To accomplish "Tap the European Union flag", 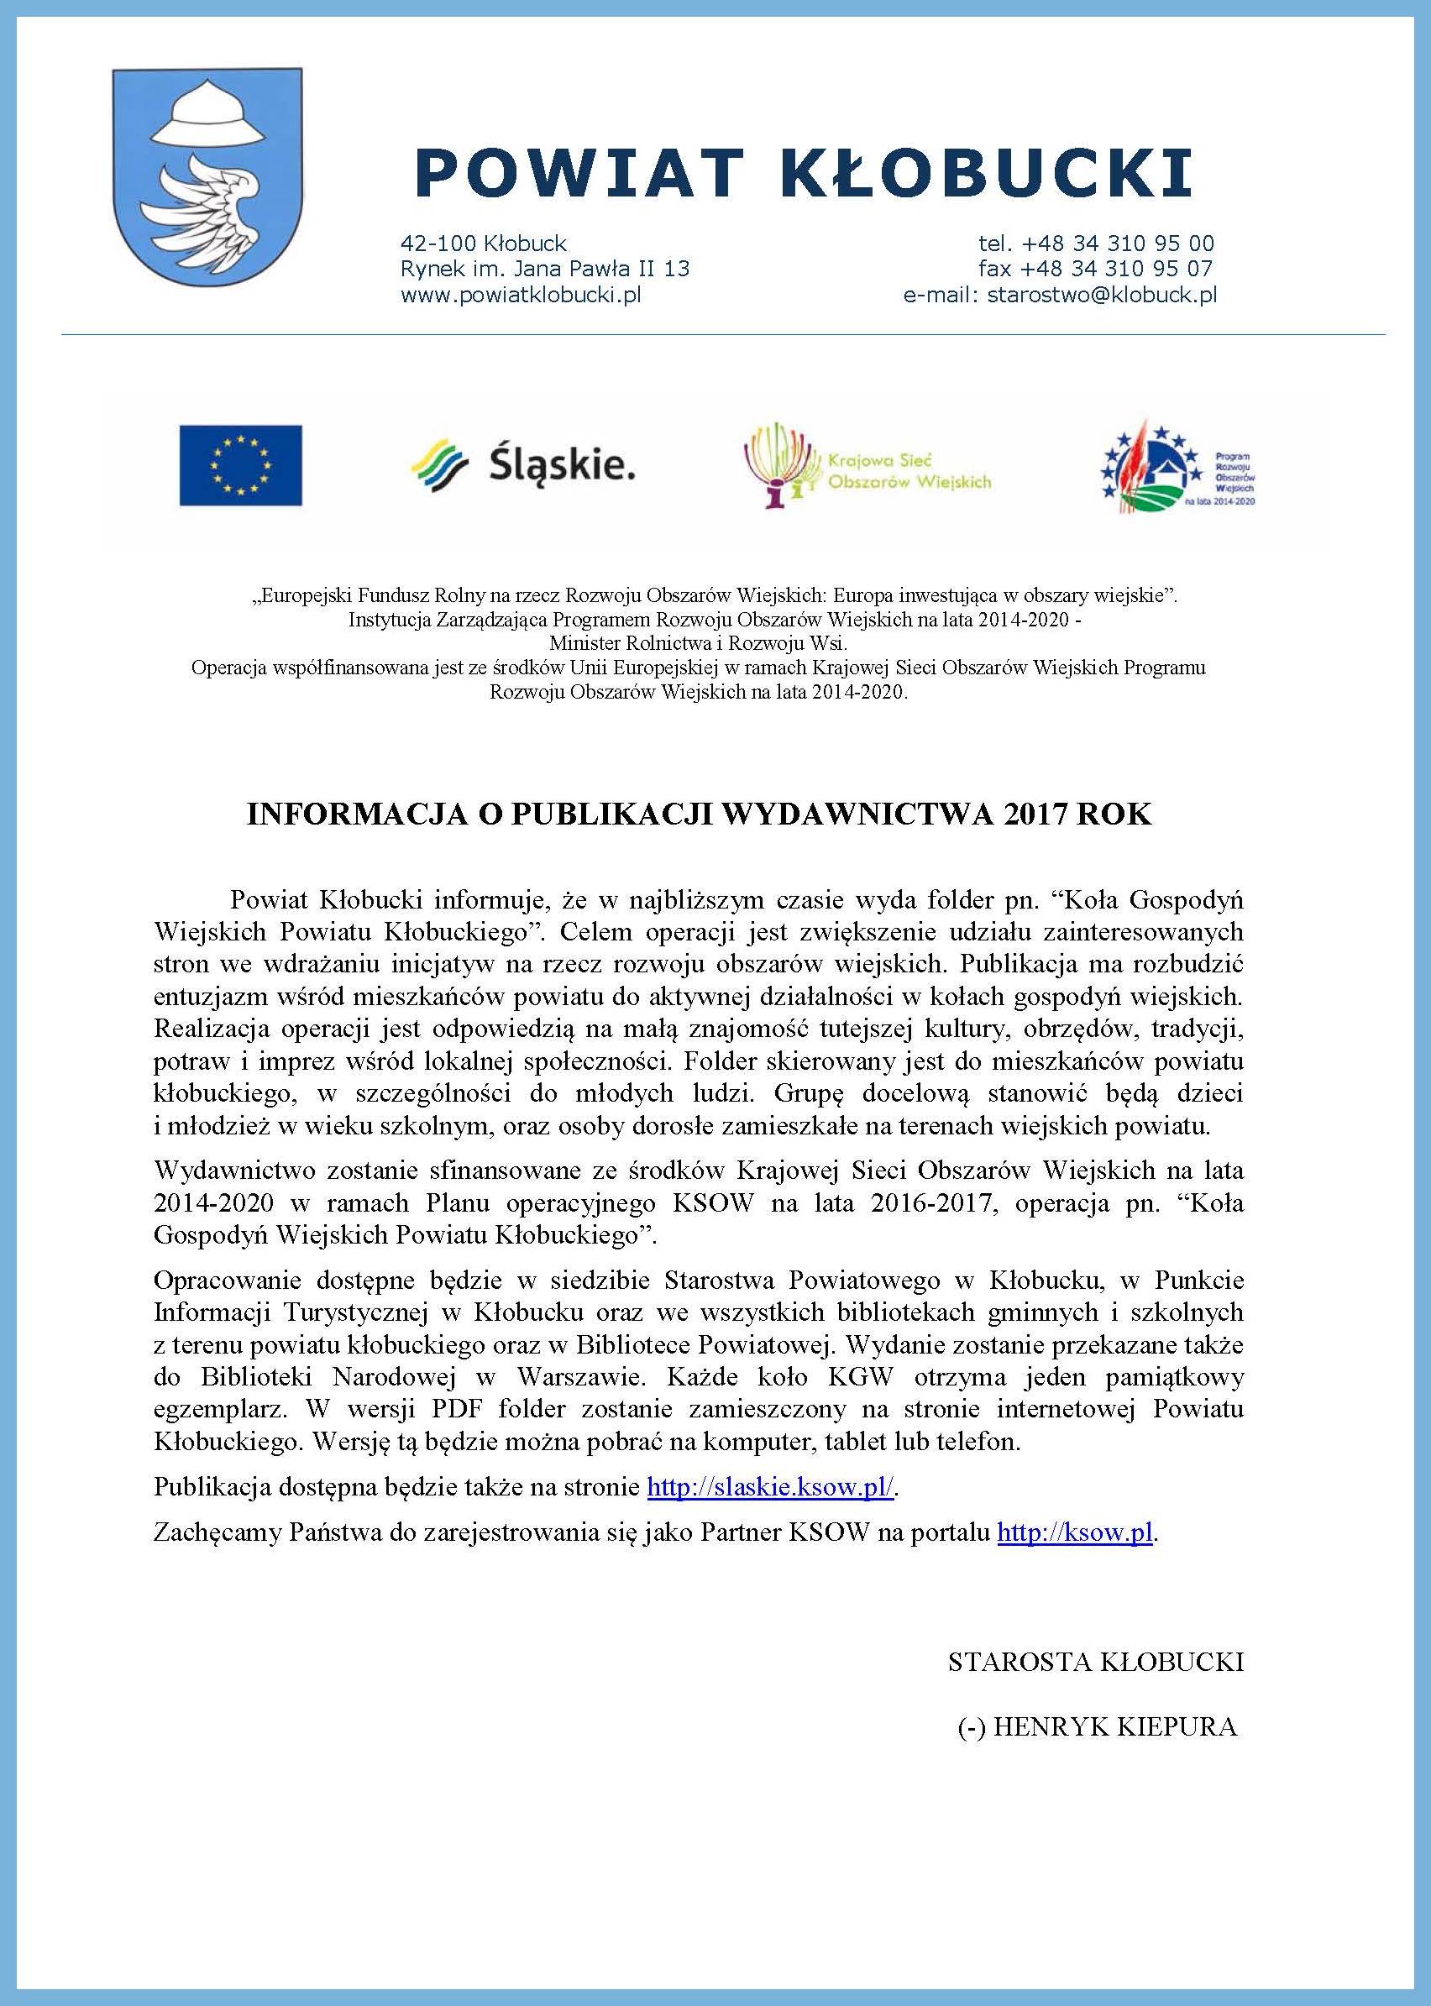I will click(240, 465).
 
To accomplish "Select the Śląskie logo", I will click(522, 466).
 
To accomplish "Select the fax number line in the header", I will click(1095, 268).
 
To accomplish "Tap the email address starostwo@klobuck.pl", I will click(1102, 294).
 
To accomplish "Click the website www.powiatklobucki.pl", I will click(520, 294).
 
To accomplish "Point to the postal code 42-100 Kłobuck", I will click(483, 244).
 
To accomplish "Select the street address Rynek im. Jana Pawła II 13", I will click(544, 268).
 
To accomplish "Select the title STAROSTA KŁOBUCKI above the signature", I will click(1095, 1662).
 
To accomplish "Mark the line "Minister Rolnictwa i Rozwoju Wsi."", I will click(698, 644).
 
